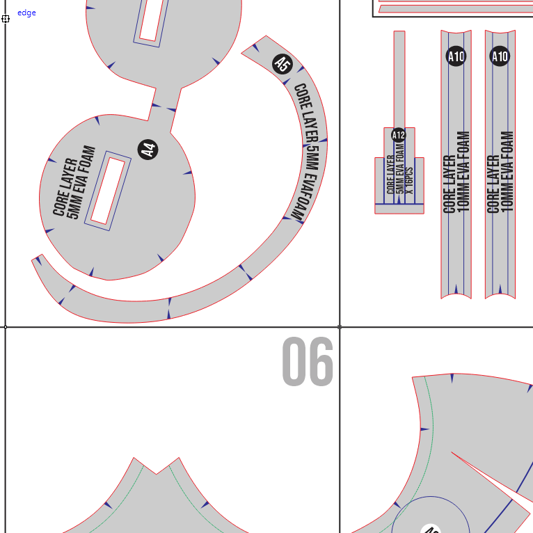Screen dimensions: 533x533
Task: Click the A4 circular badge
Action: click(148, 149)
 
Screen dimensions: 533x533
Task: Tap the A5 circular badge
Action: click(283, 63)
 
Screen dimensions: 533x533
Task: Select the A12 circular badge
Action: click(399, 135)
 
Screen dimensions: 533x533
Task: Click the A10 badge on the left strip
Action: click(456, 56)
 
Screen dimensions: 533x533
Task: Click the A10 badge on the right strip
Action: click(500, 56)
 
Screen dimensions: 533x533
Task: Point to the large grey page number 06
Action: click(308, 361)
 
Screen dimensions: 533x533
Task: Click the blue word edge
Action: click(26, 13)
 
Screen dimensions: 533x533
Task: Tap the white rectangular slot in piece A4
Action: click(108, 191)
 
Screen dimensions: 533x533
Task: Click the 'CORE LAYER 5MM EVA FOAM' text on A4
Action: click(74, 182)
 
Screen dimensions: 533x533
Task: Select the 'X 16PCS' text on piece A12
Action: click(409, 180)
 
